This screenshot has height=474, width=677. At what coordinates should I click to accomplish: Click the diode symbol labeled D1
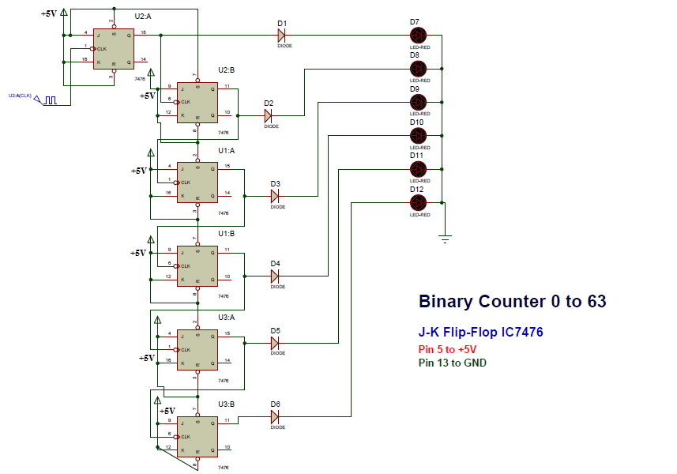281,35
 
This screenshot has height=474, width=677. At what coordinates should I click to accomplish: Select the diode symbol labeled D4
275,276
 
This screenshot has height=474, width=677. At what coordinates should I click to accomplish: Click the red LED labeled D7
419,35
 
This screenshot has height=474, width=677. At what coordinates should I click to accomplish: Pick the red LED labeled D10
419,136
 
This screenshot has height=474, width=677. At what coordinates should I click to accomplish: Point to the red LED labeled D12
419,203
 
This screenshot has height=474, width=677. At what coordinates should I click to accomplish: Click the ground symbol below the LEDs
446,237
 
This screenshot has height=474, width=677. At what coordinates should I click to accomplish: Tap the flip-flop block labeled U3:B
197,434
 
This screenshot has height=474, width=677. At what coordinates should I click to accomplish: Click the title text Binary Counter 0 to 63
512,302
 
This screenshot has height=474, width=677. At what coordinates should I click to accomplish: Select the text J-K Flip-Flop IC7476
480,333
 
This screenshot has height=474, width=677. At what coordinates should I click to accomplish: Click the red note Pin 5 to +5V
447,349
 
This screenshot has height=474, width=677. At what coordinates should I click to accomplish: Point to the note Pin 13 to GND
452,363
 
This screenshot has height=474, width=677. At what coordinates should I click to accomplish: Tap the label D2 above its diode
269,103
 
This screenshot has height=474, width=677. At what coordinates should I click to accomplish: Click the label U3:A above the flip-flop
227,317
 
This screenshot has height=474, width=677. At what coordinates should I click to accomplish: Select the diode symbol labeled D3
275,196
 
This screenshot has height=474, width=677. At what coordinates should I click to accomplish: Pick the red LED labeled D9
419,102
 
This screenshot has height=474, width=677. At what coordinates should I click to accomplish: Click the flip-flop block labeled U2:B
197,100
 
